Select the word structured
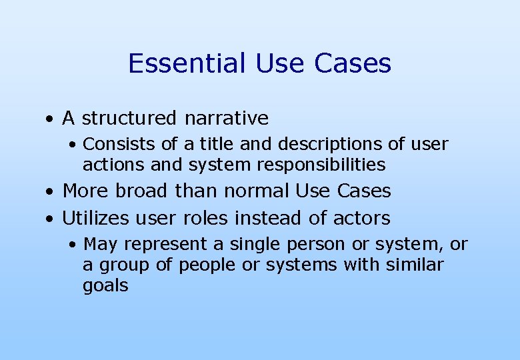click(x=129, y=119)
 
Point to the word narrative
click(x=227, y=119)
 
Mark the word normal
click(x=257, y=191)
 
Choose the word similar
click(x=416, y=265)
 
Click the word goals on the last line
click(x=105, y=286)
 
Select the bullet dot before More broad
click(x=49, y=192)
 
